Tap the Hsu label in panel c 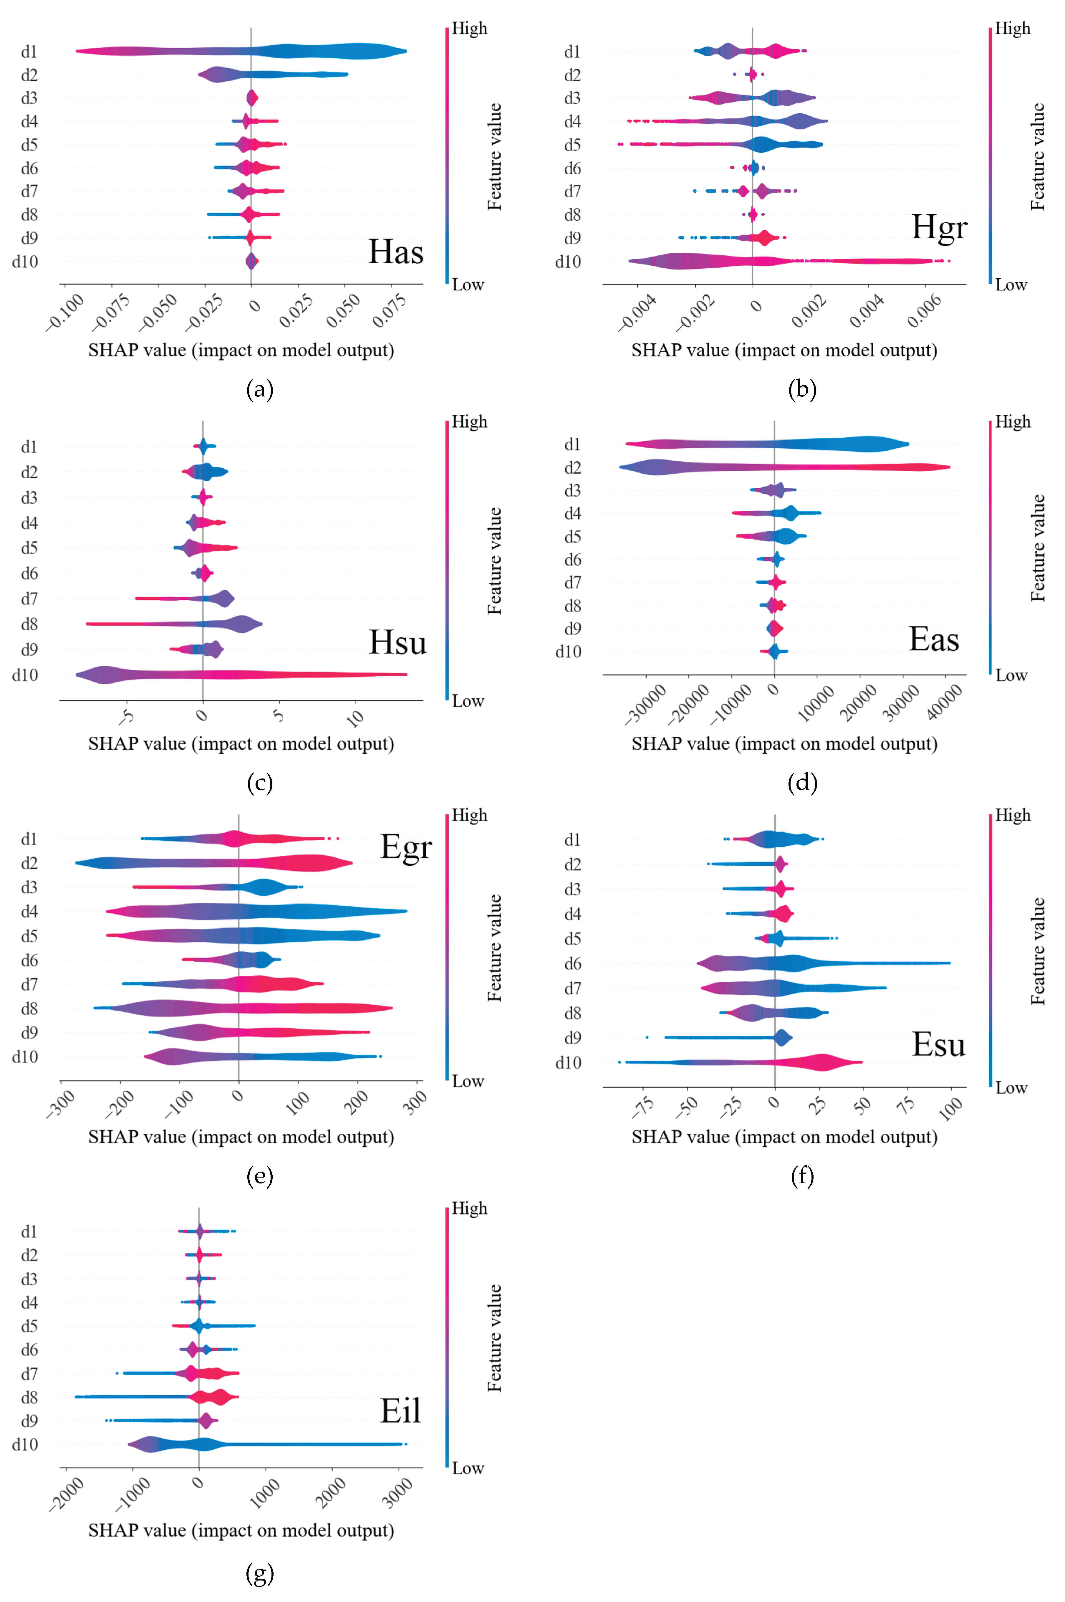click(397, 642)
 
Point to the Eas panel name click(934, 639)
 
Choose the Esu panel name click(938, 1044)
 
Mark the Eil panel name click(400, 1411)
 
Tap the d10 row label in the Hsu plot click(25, 674)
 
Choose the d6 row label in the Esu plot click(573, 963)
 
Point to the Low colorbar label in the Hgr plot click(1011, 285)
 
